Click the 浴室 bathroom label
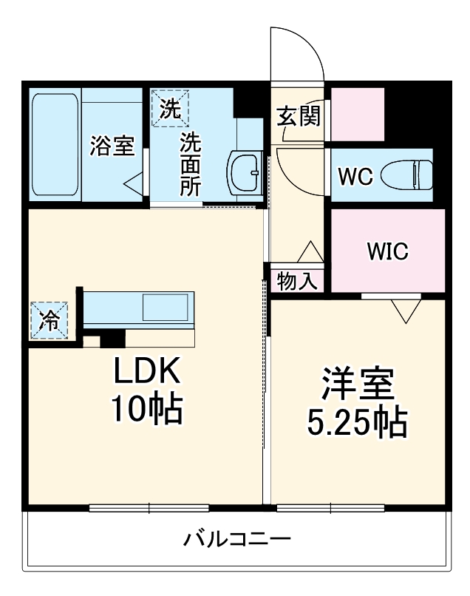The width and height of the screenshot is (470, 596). [112, 146]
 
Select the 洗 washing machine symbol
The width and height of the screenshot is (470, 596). [170, 109]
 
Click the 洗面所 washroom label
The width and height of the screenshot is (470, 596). [191, 163]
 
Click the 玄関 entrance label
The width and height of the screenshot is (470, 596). [299, 116]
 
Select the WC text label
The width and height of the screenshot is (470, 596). [354, 177]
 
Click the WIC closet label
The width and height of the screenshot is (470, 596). [388, 251]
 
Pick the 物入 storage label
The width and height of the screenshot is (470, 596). [297, 280]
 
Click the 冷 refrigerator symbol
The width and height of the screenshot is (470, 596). [48, 320]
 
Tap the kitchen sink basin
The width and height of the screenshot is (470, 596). [166, 307]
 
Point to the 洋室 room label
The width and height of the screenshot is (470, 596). [356, 384]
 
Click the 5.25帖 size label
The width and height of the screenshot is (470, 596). [356, 422]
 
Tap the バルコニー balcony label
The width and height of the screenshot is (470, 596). [236, 539]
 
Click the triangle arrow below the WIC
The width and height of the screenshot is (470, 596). [403, 311]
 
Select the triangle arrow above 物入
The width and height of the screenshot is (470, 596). [310, 251]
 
